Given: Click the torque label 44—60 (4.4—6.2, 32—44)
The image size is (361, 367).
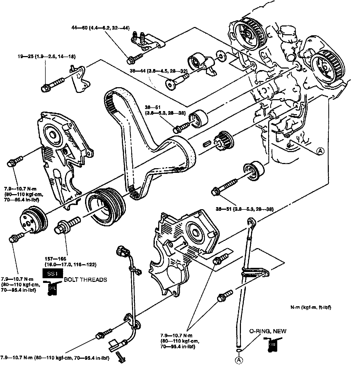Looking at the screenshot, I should pyautogui.click(x=100, y=28).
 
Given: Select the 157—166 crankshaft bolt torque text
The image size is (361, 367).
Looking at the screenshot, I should pyautogui.click(x=70, y=262).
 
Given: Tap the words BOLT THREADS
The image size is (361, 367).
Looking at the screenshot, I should pyautogui.click(x=85, y=280).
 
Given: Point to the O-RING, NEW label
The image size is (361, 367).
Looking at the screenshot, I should pyautogui.click(x=268, y=331).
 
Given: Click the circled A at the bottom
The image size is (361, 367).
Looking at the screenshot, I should pyautogui.click(x=238, y=360).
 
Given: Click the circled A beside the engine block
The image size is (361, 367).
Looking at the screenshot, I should pyautogui.click(x=321, y=151).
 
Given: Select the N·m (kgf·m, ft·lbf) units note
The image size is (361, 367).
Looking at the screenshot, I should pyautogui.click(x=311, y=307).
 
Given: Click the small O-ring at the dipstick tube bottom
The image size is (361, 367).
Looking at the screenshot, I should pyautogui.click(x=238, y=351).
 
